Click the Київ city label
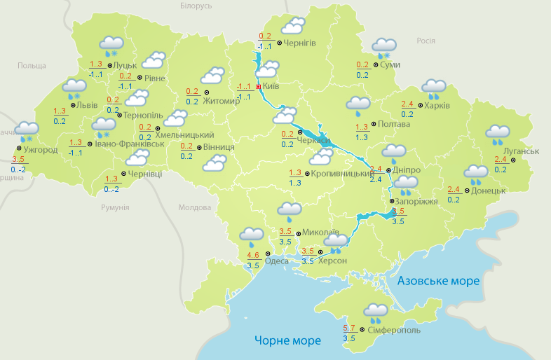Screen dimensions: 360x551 [271, 86]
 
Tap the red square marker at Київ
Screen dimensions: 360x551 [258, 86]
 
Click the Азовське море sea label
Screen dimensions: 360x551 [438, 281]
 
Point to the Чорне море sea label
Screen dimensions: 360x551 [287, 341]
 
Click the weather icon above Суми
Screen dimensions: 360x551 [383, 48]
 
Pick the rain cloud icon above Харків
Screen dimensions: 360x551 [434, 88]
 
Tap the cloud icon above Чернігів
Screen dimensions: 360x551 [292, 27]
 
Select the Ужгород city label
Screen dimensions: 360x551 [40, 150]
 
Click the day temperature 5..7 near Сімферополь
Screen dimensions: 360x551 [349, 328]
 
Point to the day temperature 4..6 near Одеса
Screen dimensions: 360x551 [254, 255]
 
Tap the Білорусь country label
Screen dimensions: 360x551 [196, 6]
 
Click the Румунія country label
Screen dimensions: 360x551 [115, 208]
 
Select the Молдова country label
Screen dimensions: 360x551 [194, 208]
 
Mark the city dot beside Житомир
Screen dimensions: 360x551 [206, 91]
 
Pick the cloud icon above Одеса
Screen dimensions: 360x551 [251, 235]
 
